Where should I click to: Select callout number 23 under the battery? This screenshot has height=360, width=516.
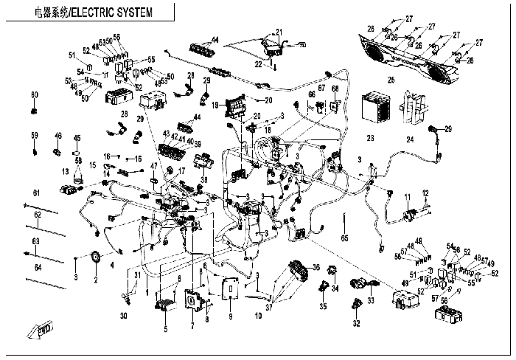point(371,137)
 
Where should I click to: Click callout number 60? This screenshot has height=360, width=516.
point(34,95)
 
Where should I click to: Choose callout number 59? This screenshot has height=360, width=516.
point(34,136)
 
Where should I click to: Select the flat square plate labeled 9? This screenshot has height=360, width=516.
point(229,291)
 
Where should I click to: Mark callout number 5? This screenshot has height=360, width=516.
point(165,328)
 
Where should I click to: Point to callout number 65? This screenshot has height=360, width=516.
point(344,238)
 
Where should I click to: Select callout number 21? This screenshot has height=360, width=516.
point(279,31)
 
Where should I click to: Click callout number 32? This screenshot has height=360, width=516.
point(356,322)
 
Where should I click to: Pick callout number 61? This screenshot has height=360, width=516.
point(34,193)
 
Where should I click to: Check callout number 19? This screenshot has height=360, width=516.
point(215,105)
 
